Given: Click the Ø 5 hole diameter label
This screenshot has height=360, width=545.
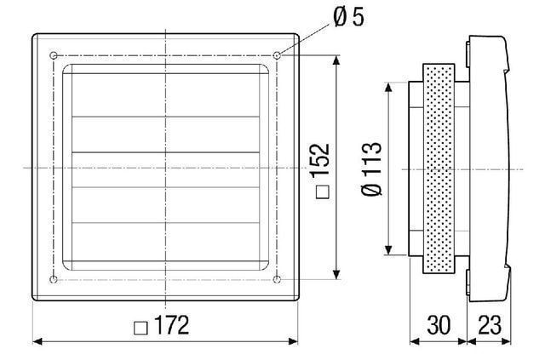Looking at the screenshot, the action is (348, 17).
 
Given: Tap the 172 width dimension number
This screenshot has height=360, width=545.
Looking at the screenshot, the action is (172, 326).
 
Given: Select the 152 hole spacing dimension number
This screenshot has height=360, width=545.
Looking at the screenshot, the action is (320, 160).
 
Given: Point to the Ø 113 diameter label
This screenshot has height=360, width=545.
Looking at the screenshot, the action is (371, 169).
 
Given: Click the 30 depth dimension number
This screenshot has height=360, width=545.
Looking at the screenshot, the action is (439, 325).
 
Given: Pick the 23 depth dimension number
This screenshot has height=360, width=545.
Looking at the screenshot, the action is (490, 325).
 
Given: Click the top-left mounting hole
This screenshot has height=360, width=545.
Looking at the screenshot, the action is (54, 55).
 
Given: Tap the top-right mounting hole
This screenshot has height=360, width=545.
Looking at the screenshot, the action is (277, 55).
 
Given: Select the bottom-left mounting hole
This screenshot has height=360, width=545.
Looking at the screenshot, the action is (54, 279).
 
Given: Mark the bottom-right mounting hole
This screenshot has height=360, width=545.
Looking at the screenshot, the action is (277, 279).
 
